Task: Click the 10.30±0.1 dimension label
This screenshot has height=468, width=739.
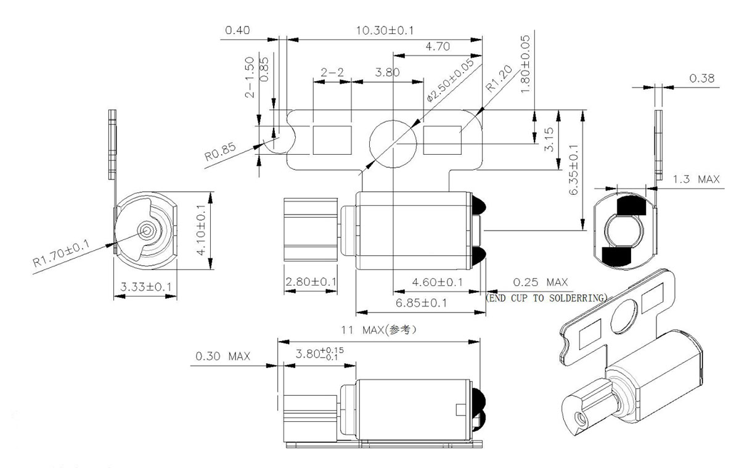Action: pos(385,30)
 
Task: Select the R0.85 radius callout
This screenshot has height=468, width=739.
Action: pos(219,151)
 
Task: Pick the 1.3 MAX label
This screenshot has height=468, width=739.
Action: pos(696,179)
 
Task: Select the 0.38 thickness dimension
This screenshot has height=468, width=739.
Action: pos(701,78)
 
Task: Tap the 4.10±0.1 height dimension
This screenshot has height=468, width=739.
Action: pos(202,230)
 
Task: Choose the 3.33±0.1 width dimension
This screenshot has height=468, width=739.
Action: pos(146,287)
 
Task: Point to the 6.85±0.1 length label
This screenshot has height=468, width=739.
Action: pos(422,303)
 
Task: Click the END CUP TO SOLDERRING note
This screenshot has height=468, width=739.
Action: pos(546,297)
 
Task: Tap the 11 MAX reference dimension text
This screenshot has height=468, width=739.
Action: pos(378,330)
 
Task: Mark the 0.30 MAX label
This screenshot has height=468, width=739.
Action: pos(223,356)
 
